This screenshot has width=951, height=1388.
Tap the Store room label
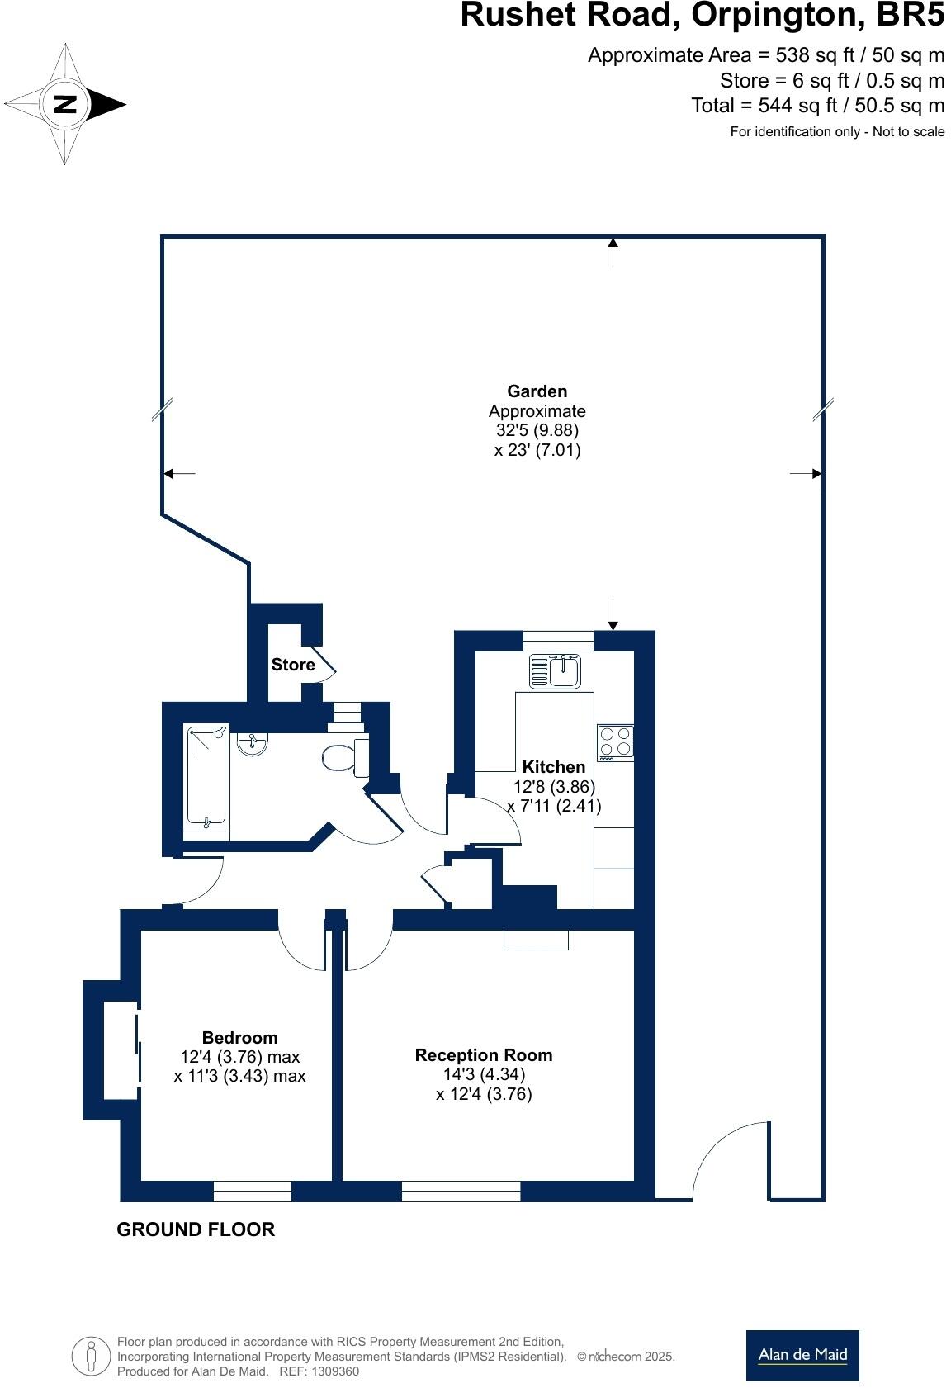[293, 665]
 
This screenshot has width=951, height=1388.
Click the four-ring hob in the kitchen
[615, 741]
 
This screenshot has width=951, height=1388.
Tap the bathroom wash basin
[252, 744]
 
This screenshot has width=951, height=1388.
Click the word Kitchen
[553, 767]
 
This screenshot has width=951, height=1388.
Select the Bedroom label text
[239, 1038]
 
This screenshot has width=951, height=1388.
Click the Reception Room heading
[484, 1055]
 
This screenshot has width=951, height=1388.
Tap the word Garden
[537, 391]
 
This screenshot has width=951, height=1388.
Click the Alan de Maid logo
[802, 1355]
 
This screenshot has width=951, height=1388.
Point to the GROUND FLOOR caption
[196, 1229]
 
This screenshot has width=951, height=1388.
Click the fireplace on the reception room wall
[536, 940]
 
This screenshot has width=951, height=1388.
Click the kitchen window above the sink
[558, 640]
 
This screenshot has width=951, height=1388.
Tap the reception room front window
[461, 1191]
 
